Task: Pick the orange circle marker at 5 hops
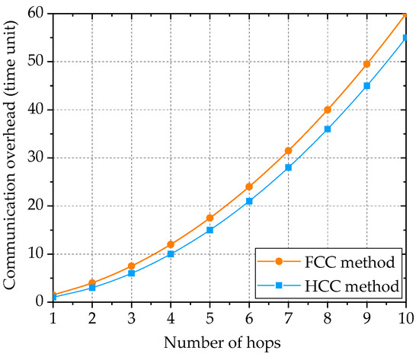coord(209,218)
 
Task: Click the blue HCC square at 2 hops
coord(92,288)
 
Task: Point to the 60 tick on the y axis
coord(37,14)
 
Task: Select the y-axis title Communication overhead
coord(11,158)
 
